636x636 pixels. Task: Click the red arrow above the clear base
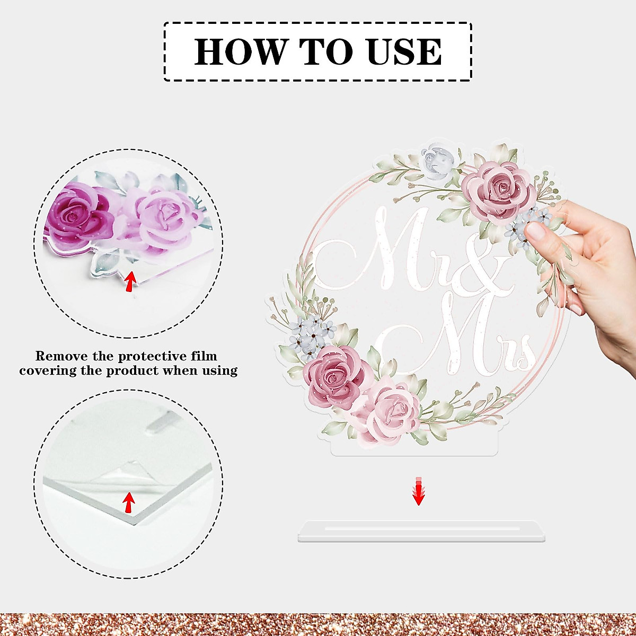[x=419, y=491]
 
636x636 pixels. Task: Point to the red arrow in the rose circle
[x=129, y=281]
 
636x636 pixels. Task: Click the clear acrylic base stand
[x=421, y=532]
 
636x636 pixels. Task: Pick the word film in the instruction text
[x=204, y=356]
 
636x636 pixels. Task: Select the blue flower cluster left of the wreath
[x=313, y=333]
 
